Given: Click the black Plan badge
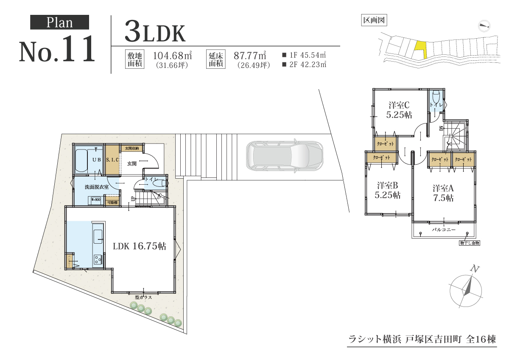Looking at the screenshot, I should (x=59, y=22).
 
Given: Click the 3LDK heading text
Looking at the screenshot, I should (x=155, y=32).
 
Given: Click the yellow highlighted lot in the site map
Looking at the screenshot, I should (x=420, y=50).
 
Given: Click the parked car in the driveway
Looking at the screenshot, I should (x=284, y=156).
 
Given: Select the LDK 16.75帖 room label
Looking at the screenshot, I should (x=139, y=246).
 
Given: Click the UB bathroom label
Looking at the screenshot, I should (x=96, y=160).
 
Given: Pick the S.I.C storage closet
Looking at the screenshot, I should (x=112, y=160).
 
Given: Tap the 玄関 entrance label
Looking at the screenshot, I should (x=132, y=163).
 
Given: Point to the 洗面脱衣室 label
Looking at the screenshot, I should (x=97, y=187).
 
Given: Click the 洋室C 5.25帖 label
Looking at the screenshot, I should (x=399, y=109).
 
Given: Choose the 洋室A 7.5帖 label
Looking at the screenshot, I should (x=443, y=192).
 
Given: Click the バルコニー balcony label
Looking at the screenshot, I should (x=443, y=229).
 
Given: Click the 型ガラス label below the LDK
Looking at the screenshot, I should (x=143, y=297).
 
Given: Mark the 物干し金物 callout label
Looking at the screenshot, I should (x=469, y=243).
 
